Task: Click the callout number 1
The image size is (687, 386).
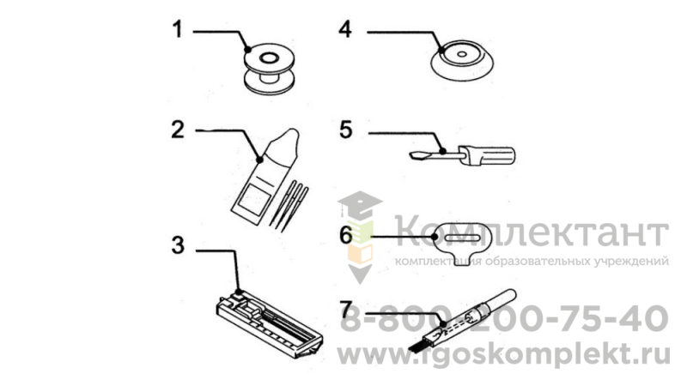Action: tap(177, 30)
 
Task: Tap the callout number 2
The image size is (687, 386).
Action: tap(178, 130)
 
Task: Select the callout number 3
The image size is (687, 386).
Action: tap(178, 245)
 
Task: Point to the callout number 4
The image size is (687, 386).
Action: tap(345, 30)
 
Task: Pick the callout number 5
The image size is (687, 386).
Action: tap(346, 130)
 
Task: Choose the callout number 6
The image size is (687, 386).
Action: tap(346, 235)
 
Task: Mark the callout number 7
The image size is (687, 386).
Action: tap(346, 310)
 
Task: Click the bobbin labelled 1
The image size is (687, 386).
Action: tap(269, 69)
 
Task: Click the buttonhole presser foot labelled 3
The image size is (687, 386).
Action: tap(269, 324)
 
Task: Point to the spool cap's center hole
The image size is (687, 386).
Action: tap(462, 55)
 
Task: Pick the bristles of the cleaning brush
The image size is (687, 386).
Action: tap(418, 346)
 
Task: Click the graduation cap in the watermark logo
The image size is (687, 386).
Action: tap(359, 205)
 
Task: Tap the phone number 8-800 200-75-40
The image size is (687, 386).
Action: tap(504, 318)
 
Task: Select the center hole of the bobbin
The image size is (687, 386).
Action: tap(269, 57)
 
